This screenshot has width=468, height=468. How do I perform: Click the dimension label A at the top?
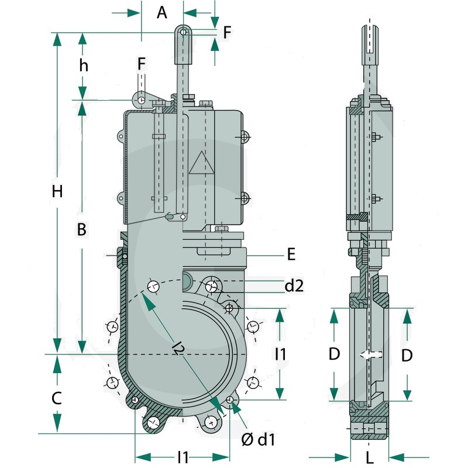tap(162, 12)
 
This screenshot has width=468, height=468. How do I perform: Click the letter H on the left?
tap(57, 191)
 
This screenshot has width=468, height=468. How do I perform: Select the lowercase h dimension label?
tap(84, 65)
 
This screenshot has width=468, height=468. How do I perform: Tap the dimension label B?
tap(82, 229)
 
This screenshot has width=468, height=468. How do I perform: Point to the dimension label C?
tap(57, 398)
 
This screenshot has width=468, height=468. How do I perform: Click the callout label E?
tap(291, 254)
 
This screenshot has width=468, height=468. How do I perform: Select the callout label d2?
tap(294, 285)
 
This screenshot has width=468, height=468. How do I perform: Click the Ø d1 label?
tap(258, 439)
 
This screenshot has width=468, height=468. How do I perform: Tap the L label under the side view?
tap(370, 457)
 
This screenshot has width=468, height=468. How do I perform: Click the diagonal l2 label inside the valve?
tap(179, 348)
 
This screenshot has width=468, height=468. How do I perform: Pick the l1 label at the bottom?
tap(183, 457)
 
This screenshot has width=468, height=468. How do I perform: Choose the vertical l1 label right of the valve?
tap(280, 354)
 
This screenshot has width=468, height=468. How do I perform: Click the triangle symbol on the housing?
tap(202, 163)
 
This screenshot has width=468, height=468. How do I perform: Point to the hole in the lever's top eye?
tap(184, 32)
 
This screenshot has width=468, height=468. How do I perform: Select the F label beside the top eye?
tap(227, 32)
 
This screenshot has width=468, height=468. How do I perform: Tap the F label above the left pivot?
tap(142, 64)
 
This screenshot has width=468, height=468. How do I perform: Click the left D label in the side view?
tap(334, 354)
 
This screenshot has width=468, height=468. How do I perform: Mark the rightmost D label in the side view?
tap(407, 355)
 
